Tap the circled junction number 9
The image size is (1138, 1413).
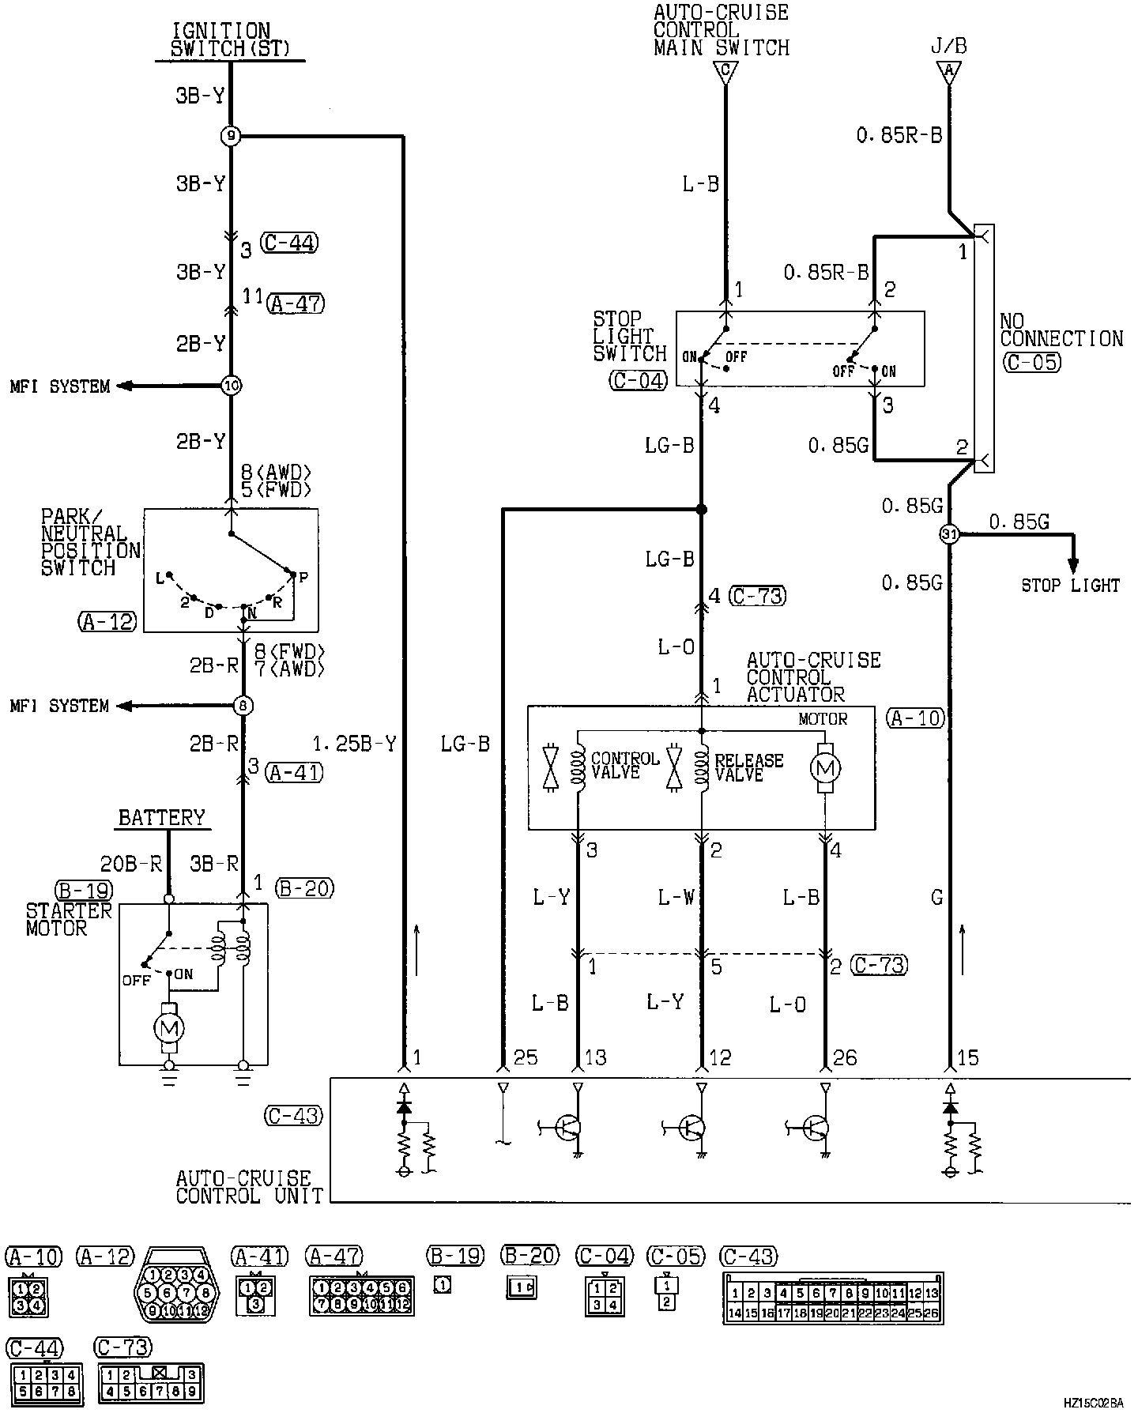(230, 137)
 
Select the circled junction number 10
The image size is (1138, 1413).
(230, 386)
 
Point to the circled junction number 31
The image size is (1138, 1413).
(949, 534)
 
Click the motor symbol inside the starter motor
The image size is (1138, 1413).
(169, 1027)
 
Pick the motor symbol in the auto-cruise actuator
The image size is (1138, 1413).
(826, 767)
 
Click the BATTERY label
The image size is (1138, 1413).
(162, 817)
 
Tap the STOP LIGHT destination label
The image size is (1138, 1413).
(1070, 586)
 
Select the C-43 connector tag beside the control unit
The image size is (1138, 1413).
(292, 1115)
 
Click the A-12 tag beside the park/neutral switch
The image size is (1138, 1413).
(107, 622)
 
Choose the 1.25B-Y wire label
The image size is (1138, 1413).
(355, 744)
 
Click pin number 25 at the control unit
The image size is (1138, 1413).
(526, 1057)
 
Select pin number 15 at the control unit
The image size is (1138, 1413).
(967, 1057)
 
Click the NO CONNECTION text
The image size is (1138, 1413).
(1061, 330)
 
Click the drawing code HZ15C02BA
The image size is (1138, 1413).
(1093, 1403)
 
